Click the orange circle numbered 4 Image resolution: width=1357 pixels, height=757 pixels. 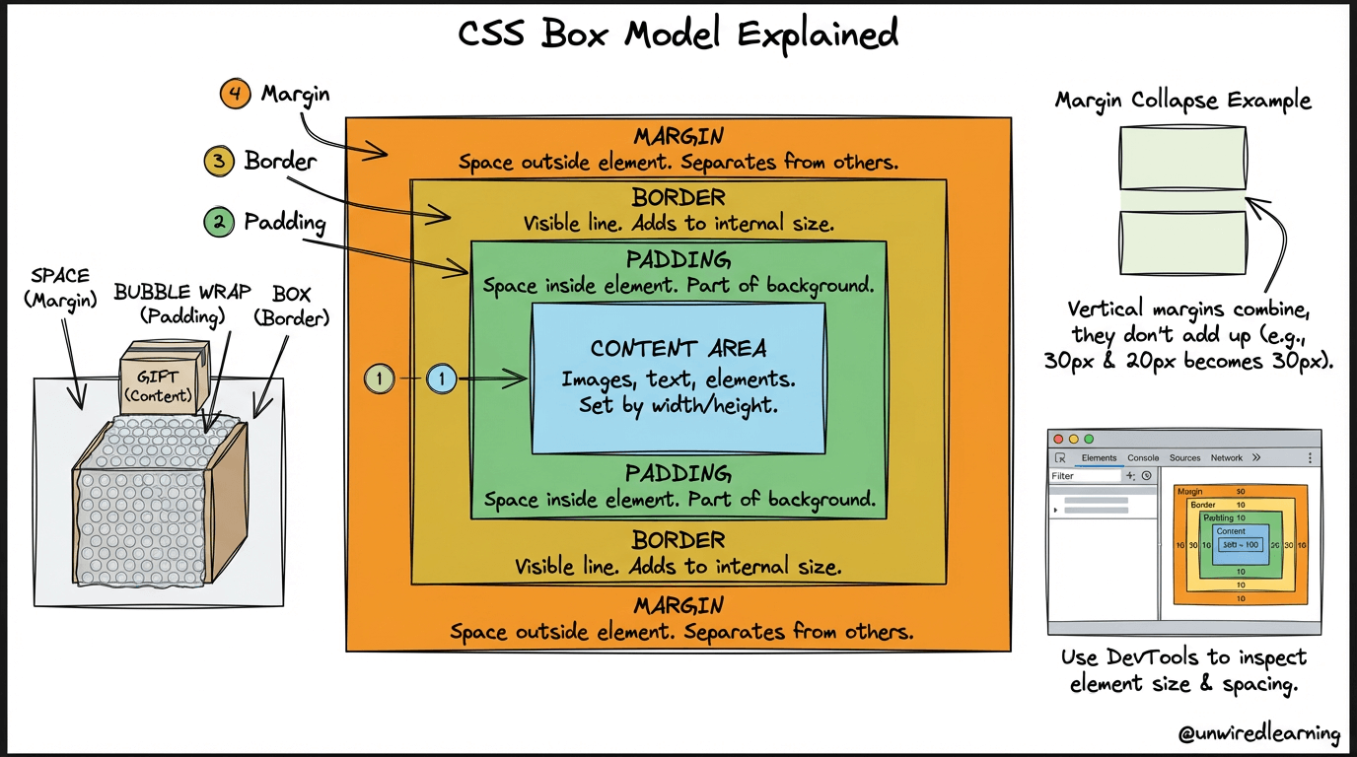coord(235,96)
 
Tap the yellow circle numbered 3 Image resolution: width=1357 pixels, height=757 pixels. coord(218,161)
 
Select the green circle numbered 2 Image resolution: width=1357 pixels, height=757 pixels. coord(218,222)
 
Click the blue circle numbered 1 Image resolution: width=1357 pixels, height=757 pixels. coord(442,378)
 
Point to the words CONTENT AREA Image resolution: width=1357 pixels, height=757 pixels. coord(678,349)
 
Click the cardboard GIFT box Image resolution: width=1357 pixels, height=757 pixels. coord(165,378)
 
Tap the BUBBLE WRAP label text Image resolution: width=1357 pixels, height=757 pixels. coord(182,293)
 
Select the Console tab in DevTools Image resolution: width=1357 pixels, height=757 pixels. coord(1143,457)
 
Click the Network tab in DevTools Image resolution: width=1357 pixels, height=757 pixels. coord(1226,457)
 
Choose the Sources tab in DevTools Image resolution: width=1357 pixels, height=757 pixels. coord(1184,457)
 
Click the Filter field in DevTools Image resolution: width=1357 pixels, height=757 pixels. coord(1084,476)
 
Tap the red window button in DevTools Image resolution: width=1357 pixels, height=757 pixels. coord(1059,439)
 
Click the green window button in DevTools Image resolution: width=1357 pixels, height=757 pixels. coord(1089,439)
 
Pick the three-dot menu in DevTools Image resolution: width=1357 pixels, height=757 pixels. coord(1310,458)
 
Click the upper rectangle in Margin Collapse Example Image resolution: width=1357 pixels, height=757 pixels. coord(1181,158)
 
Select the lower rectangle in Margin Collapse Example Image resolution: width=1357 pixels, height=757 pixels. coord(1181,242)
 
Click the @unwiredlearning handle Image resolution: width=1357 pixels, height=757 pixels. coord(1259,733)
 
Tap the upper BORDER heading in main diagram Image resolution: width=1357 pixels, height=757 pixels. coord(678,197)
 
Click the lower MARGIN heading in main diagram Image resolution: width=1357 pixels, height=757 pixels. coord(678,604)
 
